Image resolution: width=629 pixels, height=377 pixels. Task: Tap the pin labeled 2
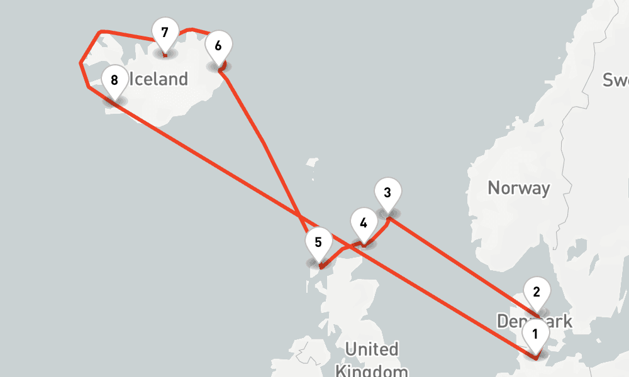[537, 292]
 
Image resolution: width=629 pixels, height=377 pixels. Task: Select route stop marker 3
[387, 192]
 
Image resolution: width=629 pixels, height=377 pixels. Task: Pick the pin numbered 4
[363, 223]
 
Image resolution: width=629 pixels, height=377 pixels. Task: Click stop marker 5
[318, 243]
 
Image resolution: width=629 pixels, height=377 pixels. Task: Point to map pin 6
[218, 46]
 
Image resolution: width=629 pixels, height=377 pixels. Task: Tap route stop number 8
[114, 80]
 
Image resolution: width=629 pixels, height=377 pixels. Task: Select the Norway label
[519, 188]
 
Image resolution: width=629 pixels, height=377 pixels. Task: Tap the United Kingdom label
[372, 358]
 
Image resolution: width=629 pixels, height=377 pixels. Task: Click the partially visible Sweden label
[615, 80]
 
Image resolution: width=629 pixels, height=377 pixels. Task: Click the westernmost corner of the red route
[81, 63]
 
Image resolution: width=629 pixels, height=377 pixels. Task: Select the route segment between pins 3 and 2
[462, 265]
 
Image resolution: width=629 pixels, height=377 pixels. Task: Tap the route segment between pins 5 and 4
[340, 251]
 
